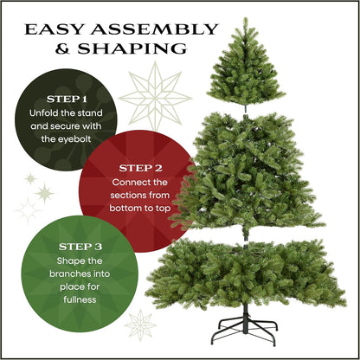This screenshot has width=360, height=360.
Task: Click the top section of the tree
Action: click(x=246, y=69)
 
